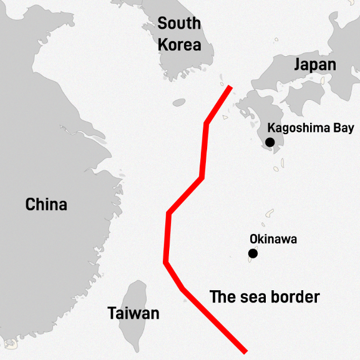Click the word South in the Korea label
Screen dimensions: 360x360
click(179, 24)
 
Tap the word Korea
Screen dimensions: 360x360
click(179, 45)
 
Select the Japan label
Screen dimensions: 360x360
click(315, 65)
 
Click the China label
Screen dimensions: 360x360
click(46, 204)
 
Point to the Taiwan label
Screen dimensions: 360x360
click(133, 313)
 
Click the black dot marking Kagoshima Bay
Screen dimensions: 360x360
click(270, 142)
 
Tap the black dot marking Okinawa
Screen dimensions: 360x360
click(253, 253)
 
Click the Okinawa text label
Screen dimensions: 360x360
click(273, 239)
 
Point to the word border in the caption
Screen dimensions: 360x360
click(293, 297)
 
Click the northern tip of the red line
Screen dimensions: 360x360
click(230, 87)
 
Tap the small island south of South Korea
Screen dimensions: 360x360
click(179, 102)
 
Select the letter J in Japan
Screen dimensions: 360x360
click(298, 65)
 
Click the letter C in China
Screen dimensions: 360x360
click(30, 204)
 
